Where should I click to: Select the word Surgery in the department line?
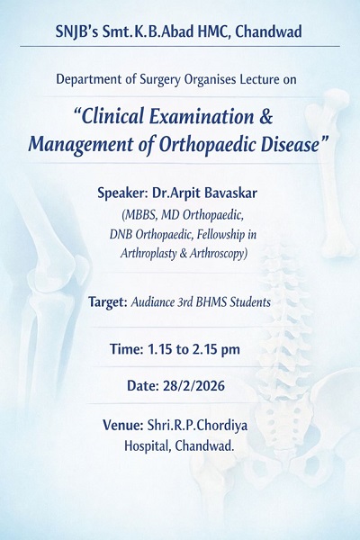click(160, 80)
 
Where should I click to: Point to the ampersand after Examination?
click(265, 116)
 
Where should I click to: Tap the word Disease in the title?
click(290, 144)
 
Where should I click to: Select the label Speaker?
click(122, 193)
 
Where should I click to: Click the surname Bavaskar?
click(232, 193)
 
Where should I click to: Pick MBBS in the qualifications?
click(139, 215)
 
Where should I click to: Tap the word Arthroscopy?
click(219, 254)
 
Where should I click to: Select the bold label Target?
click(108, 302)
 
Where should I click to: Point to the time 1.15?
click(160, 349)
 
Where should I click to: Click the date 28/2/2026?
click(194, 385)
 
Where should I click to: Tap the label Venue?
click(123, 426)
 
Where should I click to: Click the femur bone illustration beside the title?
click(330, 172)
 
